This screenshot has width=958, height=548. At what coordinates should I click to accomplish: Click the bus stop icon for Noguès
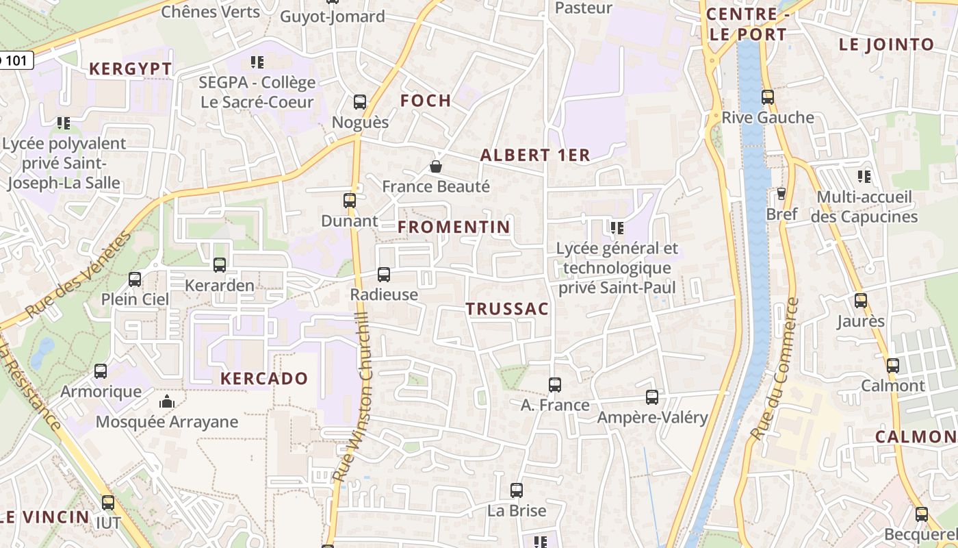coord(360,102)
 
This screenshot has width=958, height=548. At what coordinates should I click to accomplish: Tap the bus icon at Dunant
coord(350,201)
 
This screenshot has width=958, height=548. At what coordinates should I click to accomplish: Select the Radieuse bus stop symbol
coord(384,275)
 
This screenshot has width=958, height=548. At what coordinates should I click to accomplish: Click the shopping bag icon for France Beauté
coord(435,166)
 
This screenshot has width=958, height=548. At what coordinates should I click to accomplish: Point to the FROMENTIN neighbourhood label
coord(454,227)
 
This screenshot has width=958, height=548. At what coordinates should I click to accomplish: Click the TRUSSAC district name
coord(508,309)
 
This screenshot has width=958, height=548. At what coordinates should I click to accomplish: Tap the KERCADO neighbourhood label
coord(264,378)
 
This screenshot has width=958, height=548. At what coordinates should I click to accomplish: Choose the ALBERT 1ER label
coord(535,155)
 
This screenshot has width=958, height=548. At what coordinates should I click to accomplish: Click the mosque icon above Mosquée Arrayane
coord(166,401)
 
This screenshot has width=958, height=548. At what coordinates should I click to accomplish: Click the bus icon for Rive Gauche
coord(768,97)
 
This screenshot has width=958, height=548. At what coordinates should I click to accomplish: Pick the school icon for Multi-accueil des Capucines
coord(865,177)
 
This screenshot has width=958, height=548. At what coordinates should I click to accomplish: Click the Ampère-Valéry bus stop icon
coord(652,397)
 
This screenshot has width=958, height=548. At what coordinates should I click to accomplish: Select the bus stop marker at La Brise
coord(517,490)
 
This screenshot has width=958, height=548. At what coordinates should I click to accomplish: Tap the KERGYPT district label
coord(130,69)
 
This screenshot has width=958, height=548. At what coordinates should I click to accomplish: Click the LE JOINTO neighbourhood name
coord(887,45)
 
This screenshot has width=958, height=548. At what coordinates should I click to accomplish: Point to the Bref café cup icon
coord(781,194)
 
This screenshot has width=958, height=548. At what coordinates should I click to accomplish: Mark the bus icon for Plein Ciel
coord(135,279)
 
